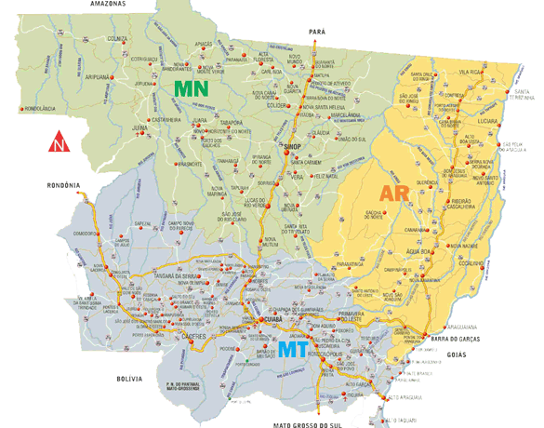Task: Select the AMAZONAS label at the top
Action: tap(109, 5)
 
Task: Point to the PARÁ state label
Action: tap(317, 32)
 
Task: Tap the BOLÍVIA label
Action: tap(128, 380)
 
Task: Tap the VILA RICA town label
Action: tap(472, 71)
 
